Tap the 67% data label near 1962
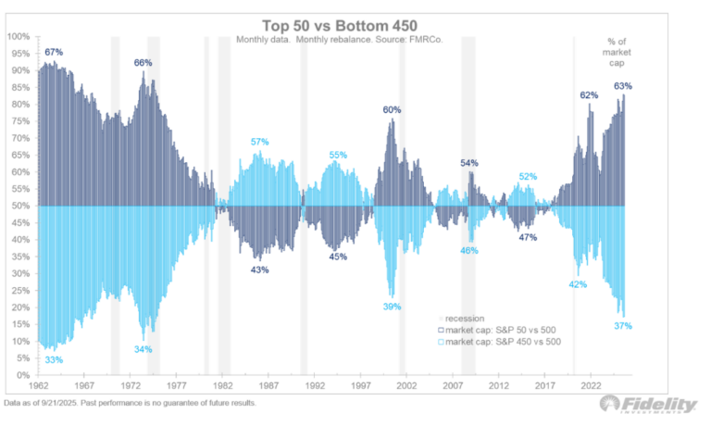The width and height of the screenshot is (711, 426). [54, 53]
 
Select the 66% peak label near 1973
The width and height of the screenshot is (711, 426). [143, 63]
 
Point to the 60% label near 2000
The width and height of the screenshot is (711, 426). [392, 110]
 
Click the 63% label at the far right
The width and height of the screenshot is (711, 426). [623, 86]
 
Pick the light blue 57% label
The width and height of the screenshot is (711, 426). [260, 142]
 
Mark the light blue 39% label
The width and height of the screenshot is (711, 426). [392, 307]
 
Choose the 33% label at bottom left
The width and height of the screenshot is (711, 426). [54, 359]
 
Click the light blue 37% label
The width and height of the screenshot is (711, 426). [623, 326]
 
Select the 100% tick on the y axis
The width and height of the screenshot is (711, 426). [19, 37]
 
